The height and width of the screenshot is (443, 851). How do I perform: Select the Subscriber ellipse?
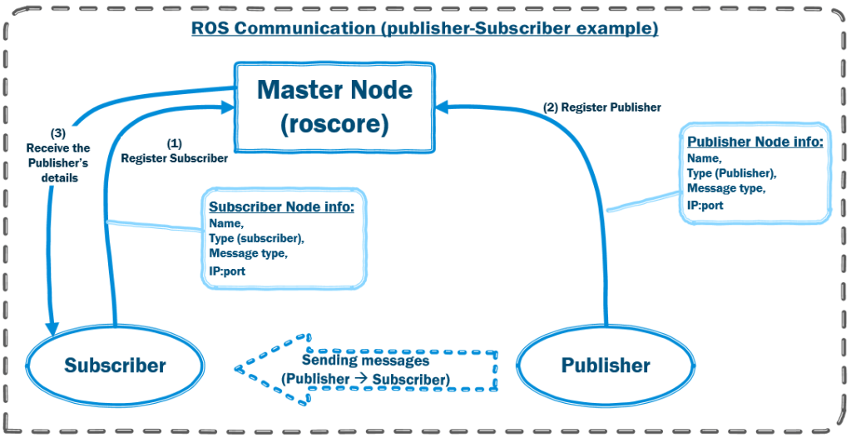click(x=115, y=365)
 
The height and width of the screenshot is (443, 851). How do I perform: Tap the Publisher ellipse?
click(x=606, y=365)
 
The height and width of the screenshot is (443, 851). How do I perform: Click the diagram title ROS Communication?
click(x=425, y=28)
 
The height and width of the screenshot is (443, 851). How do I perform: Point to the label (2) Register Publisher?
click(x=602, y=107)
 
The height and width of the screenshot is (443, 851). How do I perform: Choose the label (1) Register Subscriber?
click(x=174, y=152)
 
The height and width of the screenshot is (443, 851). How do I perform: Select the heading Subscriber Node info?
click(x=281, y=206)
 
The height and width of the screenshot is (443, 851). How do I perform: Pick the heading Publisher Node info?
click(x=755, y=142)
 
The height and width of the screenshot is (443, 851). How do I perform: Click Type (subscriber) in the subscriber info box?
click(x=256, y=238)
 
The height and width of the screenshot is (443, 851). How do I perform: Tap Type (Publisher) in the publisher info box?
click(x=731, y=173)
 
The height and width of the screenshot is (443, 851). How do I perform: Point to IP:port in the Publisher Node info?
click(x=705, y=205)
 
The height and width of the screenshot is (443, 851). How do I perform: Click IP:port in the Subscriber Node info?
click(x=227, y=271)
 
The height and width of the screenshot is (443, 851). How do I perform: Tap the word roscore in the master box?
click(x=335, y=125)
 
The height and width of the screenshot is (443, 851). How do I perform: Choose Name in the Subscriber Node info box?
click(x=225, y=223)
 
